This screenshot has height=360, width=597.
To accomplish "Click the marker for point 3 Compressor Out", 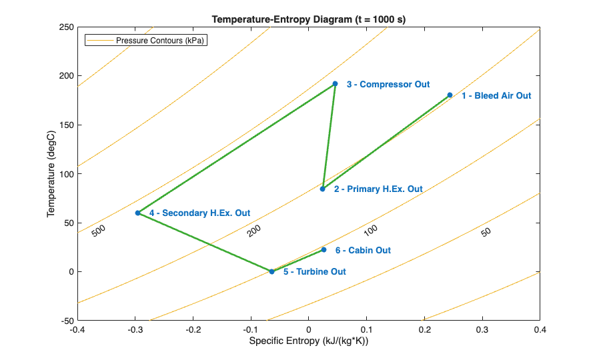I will coord(335,84).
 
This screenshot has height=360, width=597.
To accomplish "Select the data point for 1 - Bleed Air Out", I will coord(450,95).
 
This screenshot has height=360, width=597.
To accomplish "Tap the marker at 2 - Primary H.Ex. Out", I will coord(322,189).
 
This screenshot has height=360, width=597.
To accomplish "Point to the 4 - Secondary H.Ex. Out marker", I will coord(138,213).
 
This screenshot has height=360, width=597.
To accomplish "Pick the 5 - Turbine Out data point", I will coord(271,271).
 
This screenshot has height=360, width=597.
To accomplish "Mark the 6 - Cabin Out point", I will coord(324,250).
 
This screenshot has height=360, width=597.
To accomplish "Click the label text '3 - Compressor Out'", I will coord(388,85).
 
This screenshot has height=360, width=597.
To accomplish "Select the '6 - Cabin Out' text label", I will coord(363,251).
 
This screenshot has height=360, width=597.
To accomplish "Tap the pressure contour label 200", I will coord(253,231).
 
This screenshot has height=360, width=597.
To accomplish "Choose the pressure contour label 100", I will coord(370,230).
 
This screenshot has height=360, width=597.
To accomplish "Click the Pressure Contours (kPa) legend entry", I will coord(160,40).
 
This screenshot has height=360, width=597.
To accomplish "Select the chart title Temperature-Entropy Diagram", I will coord(309,19).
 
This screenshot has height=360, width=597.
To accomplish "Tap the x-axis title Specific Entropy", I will coord(309,341).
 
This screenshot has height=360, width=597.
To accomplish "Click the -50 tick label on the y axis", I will coord(65,321).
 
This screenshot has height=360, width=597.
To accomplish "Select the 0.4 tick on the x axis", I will coord(540,329).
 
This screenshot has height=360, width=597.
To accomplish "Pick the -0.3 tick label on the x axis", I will coord(135,329).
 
